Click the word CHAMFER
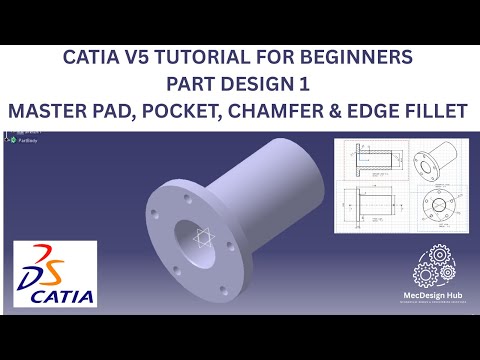(x=286, y=111)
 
